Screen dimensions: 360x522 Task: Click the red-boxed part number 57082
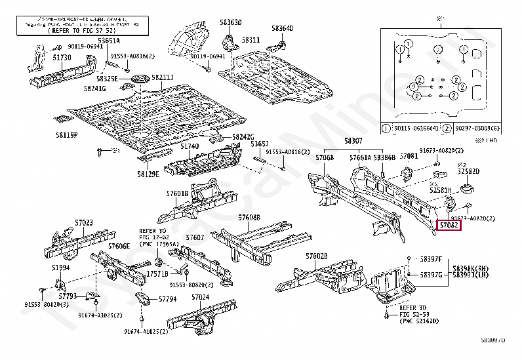point(449,226)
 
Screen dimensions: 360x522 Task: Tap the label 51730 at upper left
point(62,58)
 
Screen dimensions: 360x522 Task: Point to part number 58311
point(251,40)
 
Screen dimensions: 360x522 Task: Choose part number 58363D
point(231,22)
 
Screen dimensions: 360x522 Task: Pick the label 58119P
point(66,134)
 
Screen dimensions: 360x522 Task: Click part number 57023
point(83,223)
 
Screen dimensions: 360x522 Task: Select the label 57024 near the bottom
point(200,297)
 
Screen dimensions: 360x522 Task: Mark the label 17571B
point(157,273)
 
